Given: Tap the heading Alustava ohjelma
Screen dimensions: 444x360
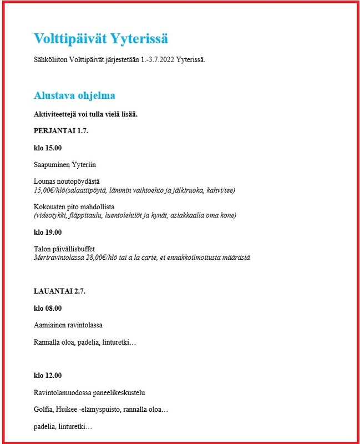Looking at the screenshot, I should [x=74, y=95].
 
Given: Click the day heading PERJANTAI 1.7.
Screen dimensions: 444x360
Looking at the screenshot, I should [x=61, y=131].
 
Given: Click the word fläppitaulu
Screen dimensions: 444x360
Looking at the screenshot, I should [x=94, y=215].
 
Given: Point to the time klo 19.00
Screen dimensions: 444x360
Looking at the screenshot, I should [x=48, y=232].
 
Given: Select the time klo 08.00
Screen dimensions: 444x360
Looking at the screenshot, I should [x=48, y=308].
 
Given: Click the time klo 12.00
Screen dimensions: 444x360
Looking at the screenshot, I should [x=48, y=376].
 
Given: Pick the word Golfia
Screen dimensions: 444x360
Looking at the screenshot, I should [x=44, y=410].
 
